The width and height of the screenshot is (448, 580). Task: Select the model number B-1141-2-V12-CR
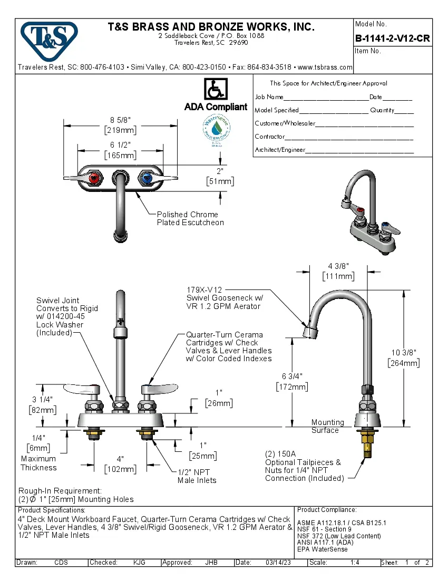[x=392, y=38]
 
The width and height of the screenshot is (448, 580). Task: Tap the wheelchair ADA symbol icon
[x=215, y=89]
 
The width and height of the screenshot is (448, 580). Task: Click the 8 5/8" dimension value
[x=121, y=120]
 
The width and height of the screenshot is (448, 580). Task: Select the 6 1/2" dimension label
[x=121, y=145]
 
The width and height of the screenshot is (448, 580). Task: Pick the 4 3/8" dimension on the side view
[x=338, y=266]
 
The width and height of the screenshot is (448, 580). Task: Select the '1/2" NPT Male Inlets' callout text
[x=197, y=476]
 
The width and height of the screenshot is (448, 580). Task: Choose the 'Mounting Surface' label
[x=327, y=426]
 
